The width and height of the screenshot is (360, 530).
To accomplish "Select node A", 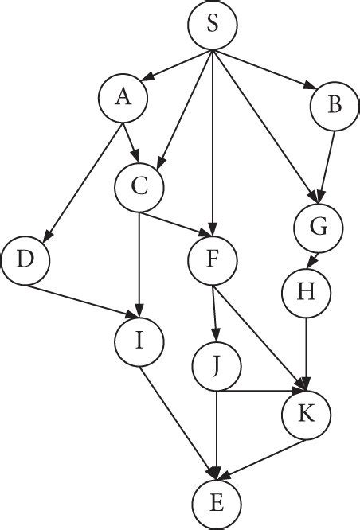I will click(x=123, y=99).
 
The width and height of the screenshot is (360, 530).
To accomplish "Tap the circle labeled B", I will click(x=332, y=106).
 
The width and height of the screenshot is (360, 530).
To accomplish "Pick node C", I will click(x=139, y=188).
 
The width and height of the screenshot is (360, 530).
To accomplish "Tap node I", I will click(x=139, y=343).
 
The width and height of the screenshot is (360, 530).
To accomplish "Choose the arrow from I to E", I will click(x=176, y=421).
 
